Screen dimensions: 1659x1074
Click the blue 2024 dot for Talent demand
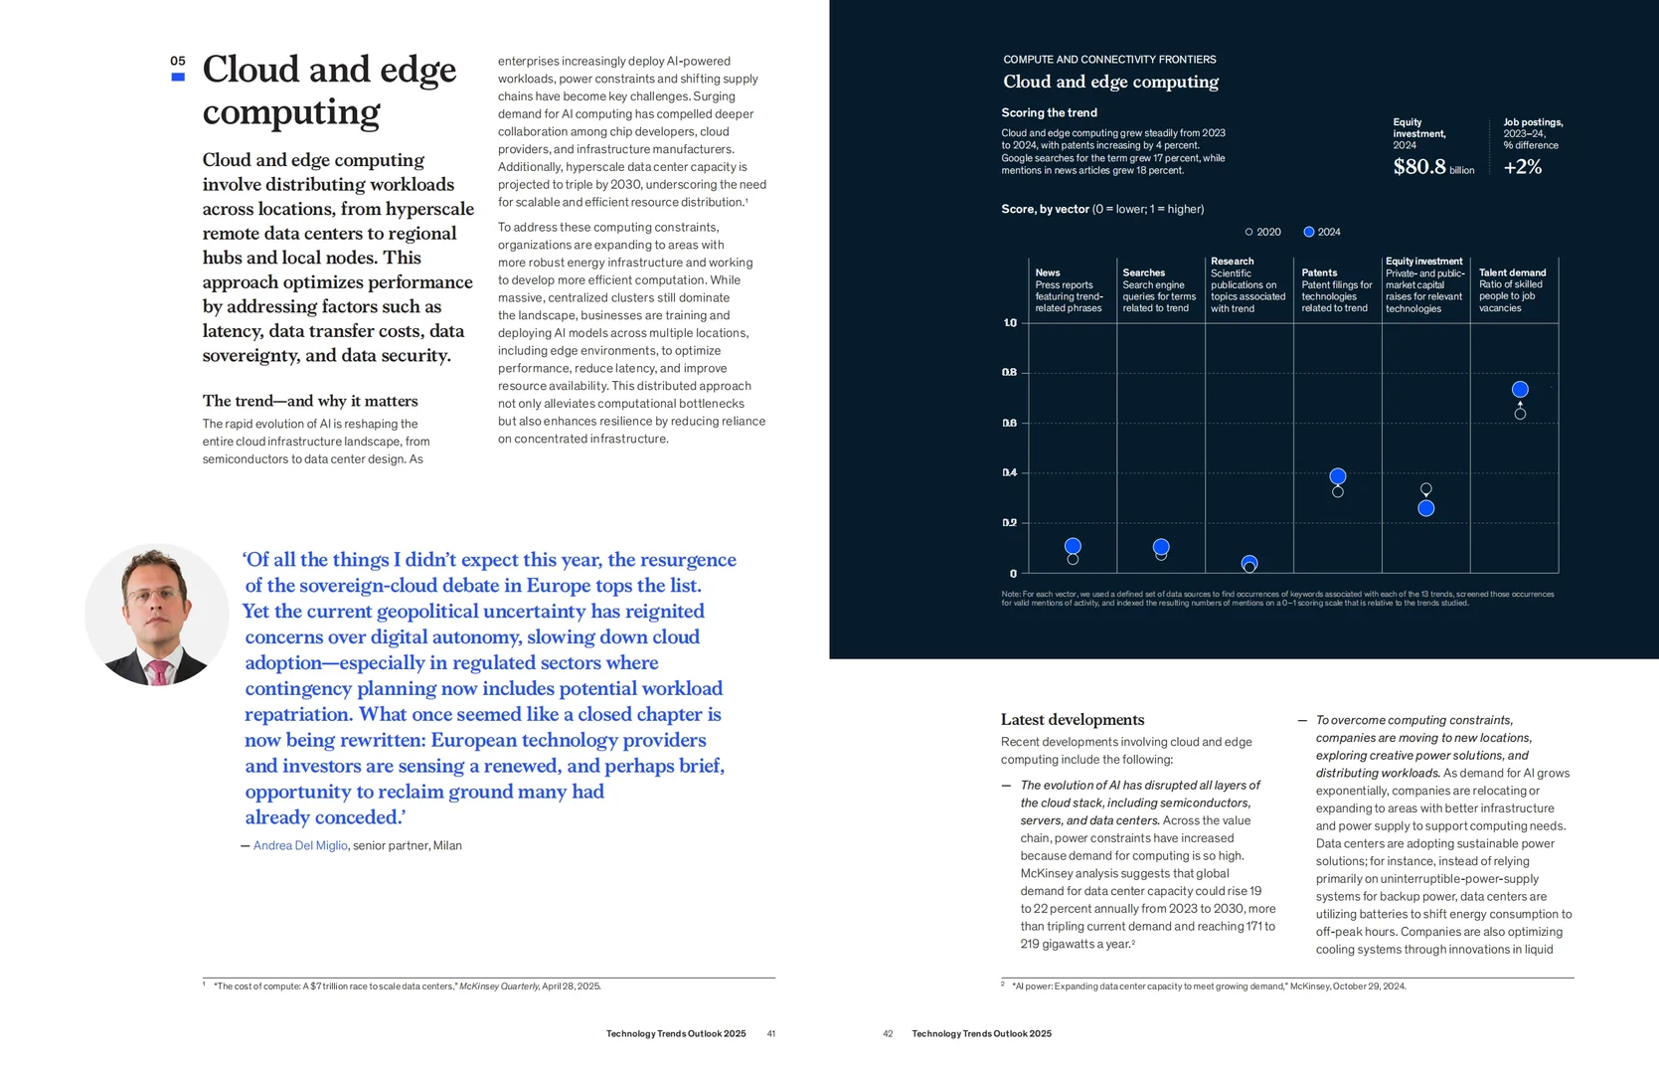[x=1520, y=389]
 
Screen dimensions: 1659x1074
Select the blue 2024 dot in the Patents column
[x=1338, y=476]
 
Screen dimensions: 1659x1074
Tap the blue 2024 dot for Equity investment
[x=1425, y=508]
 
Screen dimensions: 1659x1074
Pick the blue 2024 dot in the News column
[x=1073, y=546]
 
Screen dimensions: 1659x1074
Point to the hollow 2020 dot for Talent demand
[x=1520, y=414]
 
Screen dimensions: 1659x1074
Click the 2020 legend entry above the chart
[x=1262, y=232]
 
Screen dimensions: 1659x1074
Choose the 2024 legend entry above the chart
[x=1322, y=232]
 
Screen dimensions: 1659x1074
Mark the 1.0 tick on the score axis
[x=1010, y=323]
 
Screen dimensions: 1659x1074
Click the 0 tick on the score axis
[x=1013, y=573]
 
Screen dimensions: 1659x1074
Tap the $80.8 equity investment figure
[x=1419, y=167]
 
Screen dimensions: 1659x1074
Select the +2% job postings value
[x=1522, y=167]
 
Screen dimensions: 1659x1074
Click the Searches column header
[x=1143, y=272]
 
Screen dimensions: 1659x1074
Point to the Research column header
[x=1232, y=261]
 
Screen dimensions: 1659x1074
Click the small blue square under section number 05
[x=178, y=77]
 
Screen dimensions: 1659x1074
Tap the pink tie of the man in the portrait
[x=158, y=671]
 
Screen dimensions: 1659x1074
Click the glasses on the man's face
[x=155, y=594]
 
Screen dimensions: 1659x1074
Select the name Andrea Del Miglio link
[x=300, y=845]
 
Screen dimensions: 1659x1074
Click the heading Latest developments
[x=1073, y=720]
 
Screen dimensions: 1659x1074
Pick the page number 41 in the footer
[x=771, y=1033]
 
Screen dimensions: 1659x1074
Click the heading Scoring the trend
[x=1049, y=112]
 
